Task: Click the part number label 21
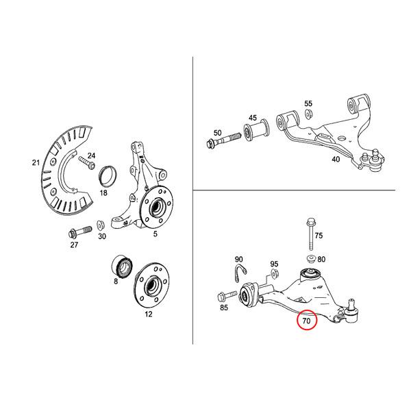(x=36, y=162)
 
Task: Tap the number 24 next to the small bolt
(x=91, y=156)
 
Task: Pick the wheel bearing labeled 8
(x=121, y=266)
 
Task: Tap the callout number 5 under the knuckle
(x=155, y=234)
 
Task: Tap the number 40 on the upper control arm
(x=336, y=160)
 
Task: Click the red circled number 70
(x=306, y=320)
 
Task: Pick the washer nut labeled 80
(x=310, y=260)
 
